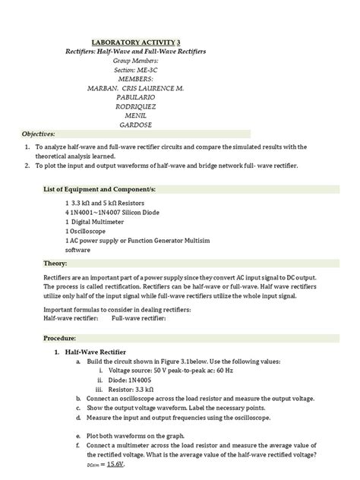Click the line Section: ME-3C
(x=137, y=69)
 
